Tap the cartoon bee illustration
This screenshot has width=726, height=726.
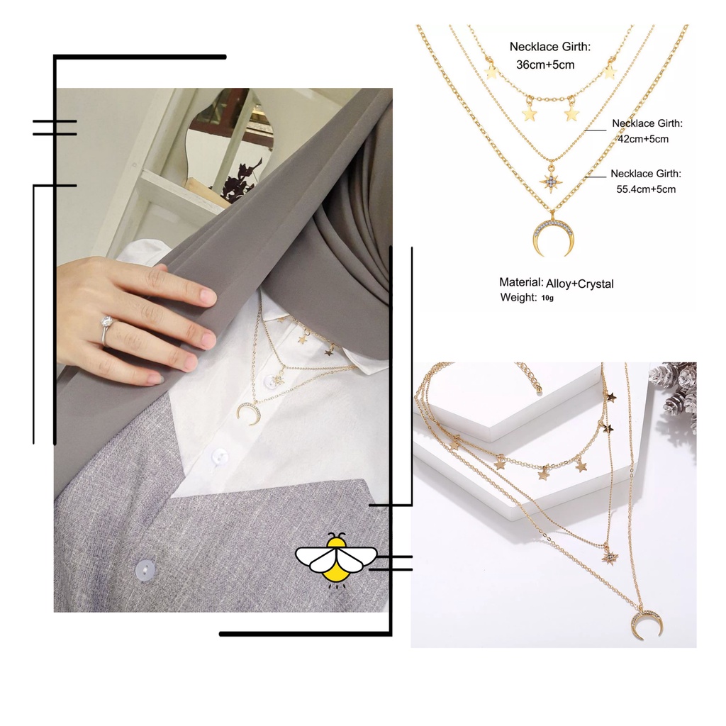[336, 558]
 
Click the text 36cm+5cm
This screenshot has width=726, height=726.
[545, 65]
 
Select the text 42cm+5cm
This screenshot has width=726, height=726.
[643, 139]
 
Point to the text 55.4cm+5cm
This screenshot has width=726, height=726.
[645, 189]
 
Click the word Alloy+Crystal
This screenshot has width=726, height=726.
[580, 284]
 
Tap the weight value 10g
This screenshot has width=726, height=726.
[547, 298]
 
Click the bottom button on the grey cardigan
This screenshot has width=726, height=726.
[145, 569]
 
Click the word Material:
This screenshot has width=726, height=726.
[521, 282]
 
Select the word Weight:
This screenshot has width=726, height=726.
[518, 297]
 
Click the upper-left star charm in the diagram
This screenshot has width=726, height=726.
[491, 72]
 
